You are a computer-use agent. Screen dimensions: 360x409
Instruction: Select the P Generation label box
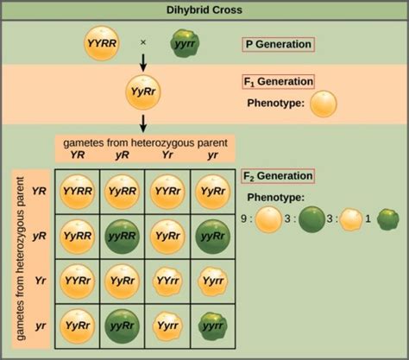278,45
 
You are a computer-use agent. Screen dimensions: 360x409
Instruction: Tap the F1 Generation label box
279,83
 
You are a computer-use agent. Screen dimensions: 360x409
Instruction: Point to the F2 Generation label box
279,176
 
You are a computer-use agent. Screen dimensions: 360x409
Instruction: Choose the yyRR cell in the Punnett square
123,234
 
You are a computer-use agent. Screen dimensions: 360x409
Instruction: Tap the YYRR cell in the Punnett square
79,190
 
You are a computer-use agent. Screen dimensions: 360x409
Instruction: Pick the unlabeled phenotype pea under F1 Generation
324,104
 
